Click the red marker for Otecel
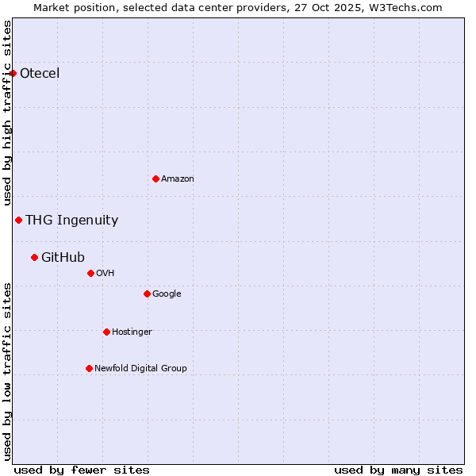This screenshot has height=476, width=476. click(x=13, y=74)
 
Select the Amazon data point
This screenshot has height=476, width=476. click(x=155, y=178)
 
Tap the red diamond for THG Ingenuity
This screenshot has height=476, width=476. click(x=18, y=220)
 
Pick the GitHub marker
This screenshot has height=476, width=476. click(x=34, y=257)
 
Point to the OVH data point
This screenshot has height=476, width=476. click(x=90, y=273)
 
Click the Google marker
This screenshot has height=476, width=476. click(x=147, y=294)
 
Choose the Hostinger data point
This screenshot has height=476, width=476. click(x=106, y=332)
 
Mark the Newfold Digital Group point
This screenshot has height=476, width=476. click(x=89, y=368)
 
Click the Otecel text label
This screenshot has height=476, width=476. click(x=40, y=74)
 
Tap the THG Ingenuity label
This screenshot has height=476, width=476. click(x=71, y=221)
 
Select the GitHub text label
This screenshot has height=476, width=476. click(x=63, y=257)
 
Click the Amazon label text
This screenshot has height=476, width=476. click(x=178, y=179)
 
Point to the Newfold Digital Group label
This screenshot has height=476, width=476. click(x=140, y=368)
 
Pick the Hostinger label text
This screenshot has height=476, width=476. click(x=132, y=332)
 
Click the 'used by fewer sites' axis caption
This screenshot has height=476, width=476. click(x=82, y=470)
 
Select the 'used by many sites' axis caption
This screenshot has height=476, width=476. click(x=398, y=470)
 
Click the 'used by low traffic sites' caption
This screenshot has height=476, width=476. click(x=8, y=371)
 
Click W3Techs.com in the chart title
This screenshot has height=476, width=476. click(x=409, y=7)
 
